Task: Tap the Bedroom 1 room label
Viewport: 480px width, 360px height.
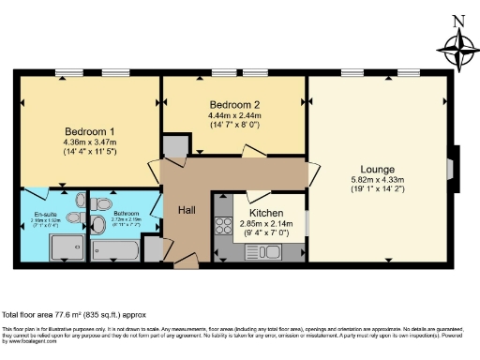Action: pos(90,130)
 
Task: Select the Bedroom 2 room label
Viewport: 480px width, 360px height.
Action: pos(234,104)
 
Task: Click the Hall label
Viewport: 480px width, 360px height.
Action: pos(187,211)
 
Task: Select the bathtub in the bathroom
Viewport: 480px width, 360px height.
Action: pos(116,250)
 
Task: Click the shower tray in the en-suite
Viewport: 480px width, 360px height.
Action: pos(65,248)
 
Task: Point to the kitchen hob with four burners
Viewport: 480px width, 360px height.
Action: pos(224,226)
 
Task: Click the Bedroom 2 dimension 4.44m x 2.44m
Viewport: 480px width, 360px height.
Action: pos(234,115)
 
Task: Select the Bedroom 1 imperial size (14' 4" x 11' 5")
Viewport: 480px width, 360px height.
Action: pos(90,152)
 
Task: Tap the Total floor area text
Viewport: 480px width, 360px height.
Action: pos(74,314)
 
